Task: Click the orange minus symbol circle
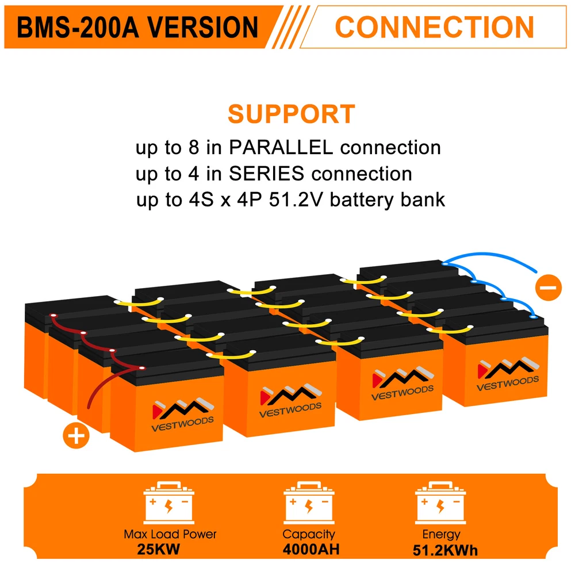pos(547,286)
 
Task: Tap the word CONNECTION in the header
pos(434,27)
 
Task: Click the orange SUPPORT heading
pos(291,114)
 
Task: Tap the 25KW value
pos(159,549)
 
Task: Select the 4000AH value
pos(311,549)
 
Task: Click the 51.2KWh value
pos(445,550)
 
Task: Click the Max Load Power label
pos(170,534)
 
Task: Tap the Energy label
pos(441,534)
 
